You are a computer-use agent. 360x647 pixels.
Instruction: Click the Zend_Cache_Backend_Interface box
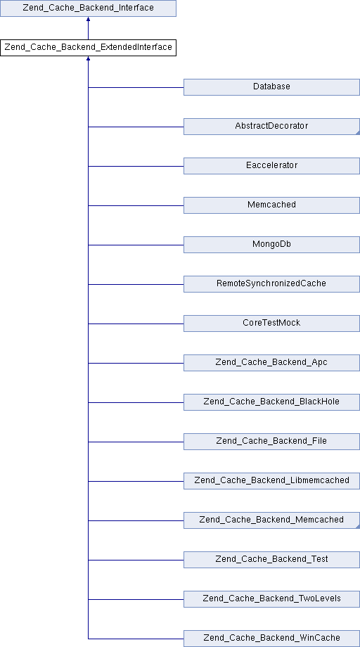pyautogui.click(x=89, y=8)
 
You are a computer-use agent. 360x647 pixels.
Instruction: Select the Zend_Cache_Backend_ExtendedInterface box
pyautogui.click(x=89, y=48)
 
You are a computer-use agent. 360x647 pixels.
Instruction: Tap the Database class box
pyautogui.click(x=271, y=87)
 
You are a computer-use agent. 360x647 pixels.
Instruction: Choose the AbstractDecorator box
pyautogui.click(x=271, y=127)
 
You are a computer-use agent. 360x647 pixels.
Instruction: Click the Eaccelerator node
pyautogui.click(x=271, y=166)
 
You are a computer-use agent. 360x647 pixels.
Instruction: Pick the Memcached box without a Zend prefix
pyautogui.click(x=271, y=205)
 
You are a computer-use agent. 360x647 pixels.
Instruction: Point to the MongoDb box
pyautogui.click(x=271, y=245)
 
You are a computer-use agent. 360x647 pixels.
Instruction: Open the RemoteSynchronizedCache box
pyautogui.click(x=271, y=284)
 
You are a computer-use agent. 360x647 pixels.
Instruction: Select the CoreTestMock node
pyautogui.click(x=271, y=323)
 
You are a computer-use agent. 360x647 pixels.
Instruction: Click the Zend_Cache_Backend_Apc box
pyautogui.click(x=271, y=363)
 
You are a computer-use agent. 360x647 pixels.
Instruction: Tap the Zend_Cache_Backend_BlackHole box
pyautogui.click(x=271, y=402)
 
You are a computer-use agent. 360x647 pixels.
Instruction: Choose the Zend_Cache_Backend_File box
pyautogui.click(x=271, y=442)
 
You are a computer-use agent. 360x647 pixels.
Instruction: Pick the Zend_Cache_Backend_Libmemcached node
pyautogui.click(x=271, y=481)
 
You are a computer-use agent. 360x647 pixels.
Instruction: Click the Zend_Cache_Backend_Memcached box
pyautogui.click(x=271, y=520)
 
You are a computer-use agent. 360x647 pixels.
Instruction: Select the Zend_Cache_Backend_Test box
pyautogui.click(x=271, y=560)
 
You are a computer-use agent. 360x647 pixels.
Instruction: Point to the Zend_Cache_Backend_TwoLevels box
pyautogui.click(x=271, y=600)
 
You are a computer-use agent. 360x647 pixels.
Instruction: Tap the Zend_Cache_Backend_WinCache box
pyautogui.click(x=271, y=639)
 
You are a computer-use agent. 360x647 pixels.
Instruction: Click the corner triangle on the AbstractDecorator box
pyautogui.click(x=358, y=133)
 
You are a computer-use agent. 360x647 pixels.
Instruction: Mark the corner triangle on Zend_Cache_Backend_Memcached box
pyautogui.click(x=358, y=527)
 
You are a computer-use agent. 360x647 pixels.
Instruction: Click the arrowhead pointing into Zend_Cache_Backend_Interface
pyautogui.click(x=89, y=19)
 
